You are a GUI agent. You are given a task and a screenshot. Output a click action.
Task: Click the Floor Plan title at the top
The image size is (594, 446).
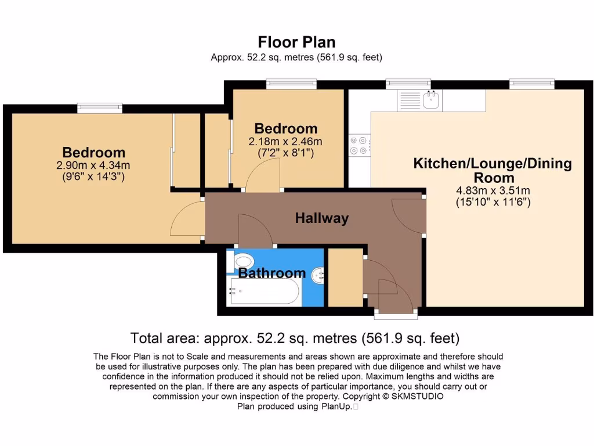point(296,42)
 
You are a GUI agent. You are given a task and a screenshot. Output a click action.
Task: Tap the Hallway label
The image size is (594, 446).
point(322,218)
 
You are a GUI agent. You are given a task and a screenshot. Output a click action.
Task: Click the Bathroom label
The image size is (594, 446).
point(271,273)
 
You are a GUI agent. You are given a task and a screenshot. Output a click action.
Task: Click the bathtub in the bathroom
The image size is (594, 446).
point(264,291)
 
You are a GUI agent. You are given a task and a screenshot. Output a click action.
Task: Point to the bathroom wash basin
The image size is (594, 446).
point(318,275)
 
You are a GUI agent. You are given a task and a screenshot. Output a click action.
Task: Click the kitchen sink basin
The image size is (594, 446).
point(431,100)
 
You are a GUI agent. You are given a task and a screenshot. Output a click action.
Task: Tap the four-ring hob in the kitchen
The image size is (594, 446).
point(359,146)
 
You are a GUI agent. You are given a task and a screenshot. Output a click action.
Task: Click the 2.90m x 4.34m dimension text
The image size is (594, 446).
point(93,166)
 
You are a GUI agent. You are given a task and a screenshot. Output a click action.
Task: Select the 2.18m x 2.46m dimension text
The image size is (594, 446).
point(285,142)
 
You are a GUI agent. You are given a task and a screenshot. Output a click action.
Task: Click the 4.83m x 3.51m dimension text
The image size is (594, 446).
point(493,190)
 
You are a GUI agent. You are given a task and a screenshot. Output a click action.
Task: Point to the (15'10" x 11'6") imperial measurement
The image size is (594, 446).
point(493,202)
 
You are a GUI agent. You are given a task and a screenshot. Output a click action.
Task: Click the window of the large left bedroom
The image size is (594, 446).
point(100,107)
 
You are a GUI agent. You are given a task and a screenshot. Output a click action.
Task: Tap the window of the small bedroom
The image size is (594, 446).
point(291,84)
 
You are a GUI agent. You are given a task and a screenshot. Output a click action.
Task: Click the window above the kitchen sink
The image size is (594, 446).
point(408,84)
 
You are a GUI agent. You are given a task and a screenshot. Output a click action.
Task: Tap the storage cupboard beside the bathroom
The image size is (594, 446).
point(345,277)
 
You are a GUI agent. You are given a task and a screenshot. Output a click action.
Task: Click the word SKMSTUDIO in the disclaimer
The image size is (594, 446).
point(417,396)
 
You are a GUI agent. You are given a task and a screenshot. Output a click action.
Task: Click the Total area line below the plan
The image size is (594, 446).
point(295,338)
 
